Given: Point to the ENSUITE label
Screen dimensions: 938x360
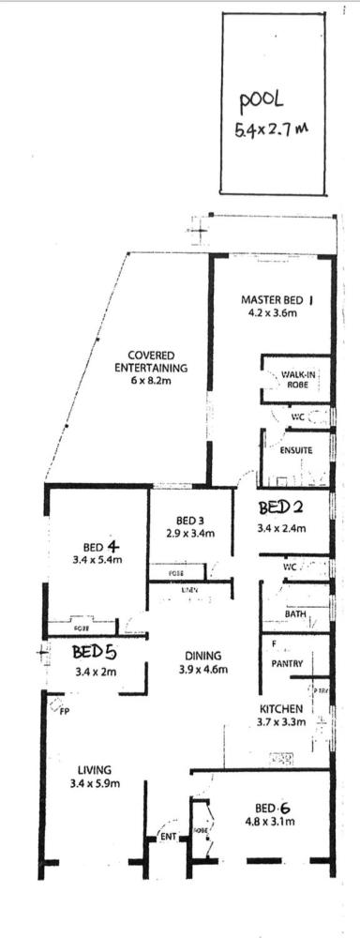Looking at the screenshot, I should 296,450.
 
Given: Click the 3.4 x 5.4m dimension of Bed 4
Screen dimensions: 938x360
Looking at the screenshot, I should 97,561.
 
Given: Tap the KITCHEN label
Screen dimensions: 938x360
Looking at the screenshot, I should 281,708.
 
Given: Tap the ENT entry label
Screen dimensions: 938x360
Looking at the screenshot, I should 169,835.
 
